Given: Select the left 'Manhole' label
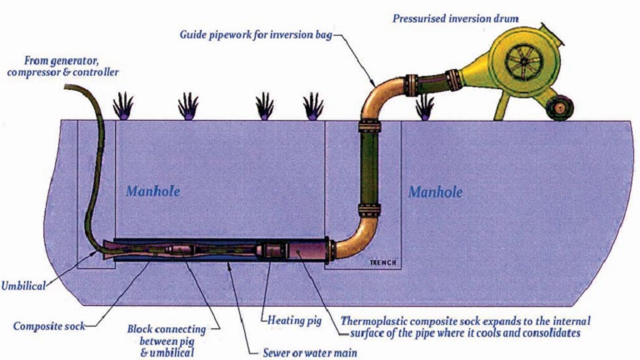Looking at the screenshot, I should [x=153, y=192].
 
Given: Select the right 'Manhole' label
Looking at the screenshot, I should [x=435, y=192].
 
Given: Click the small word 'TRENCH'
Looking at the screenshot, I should [x=383, y=264].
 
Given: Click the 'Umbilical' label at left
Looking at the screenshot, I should [x=27, y=285].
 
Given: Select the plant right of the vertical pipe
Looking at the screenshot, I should [x=425, y=106].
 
